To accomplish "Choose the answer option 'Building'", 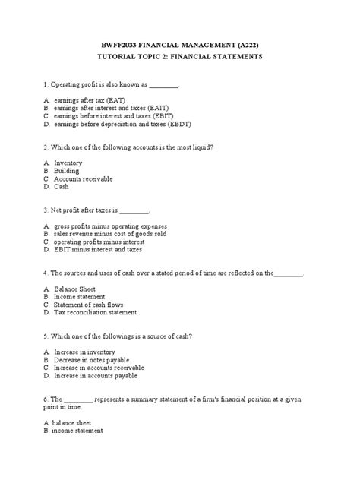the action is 66,171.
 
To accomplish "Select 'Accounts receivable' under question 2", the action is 84,178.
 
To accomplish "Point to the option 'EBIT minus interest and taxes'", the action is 98,249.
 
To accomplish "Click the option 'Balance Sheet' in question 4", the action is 75,289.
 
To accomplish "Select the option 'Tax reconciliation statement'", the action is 96,312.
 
